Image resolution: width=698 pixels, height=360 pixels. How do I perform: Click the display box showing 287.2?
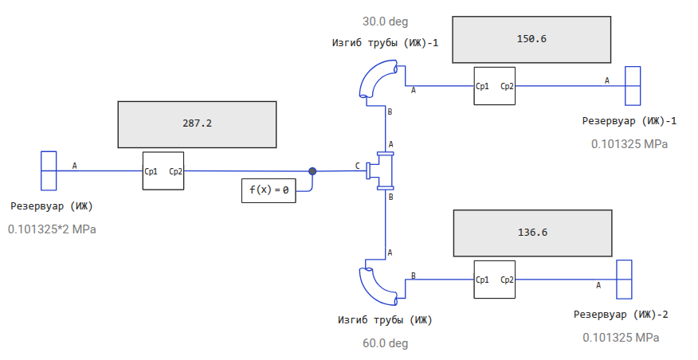pyautogui.click(x=197, y=124)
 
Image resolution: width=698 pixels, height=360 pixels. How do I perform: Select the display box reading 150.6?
pyautogui.click(x=531, y=39)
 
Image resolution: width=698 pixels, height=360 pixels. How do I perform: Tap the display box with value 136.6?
pyautogui.click(x=531, y=233)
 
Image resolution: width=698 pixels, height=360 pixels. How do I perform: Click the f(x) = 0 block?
pyautogui.click(x=269, y=190)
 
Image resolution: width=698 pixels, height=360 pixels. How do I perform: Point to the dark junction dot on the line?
pyautogui.click(x=312, y=170)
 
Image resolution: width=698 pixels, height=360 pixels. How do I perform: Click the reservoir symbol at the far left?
pyautogui.click(x=49, y=170)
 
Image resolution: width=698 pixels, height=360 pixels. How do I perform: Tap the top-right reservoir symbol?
pyautogui.click(x=633, y=85)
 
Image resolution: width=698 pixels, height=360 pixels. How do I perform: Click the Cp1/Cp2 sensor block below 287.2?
pyautogui.click(x=163, y=170)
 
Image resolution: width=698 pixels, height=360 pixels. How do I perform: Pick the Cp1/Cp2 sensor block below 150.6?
pyautogui.click(x=494, y=85)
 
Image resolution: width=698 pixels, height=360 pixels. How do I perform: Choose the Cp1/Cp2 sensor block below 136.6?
pyautogui.click(x=494, y=280)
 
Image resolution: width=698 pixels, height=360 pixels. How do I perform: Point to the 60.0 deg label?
pyautogui.click(x=385, y=343)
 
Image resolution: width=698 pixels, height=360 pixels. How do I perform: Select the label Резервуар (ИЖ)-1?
pyautogui.click(x=629, y=121)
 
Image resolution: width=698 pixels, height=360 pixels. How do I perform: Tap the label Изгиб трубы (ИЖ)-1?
pyautogui.click(x=385, y=43)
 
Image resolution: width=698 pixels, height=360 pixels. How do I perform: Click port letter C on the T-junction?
pyautogui.click(x=358, y=166)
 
